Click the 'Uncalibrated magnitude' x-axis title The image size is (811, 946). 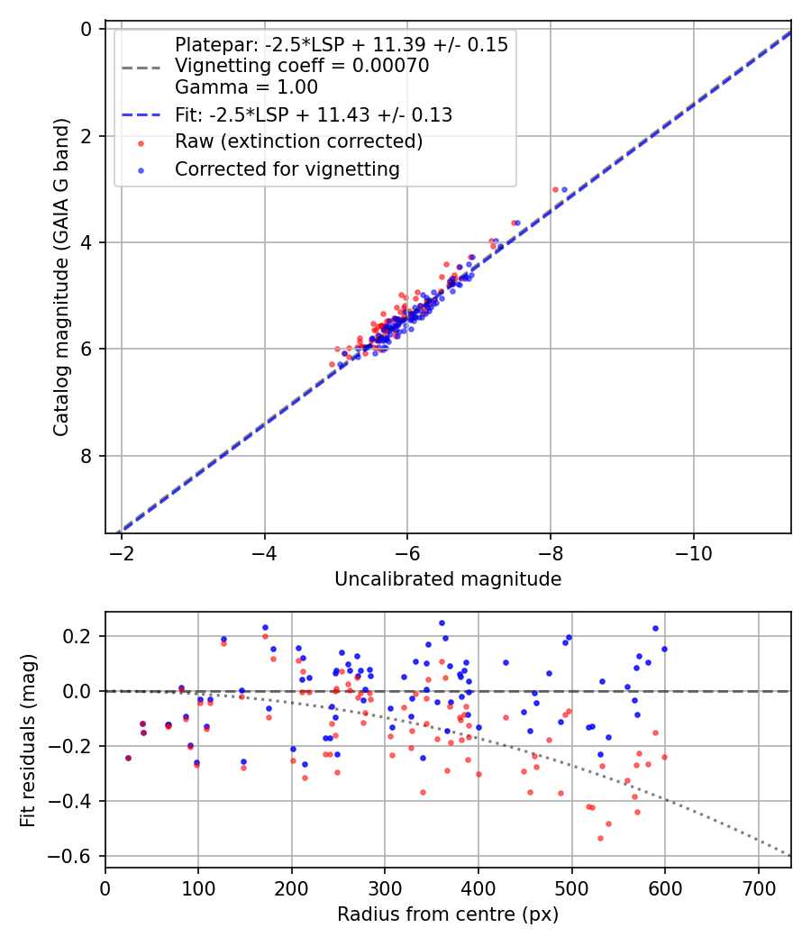point(448,579)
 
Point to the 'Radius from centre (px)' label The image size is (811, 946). point(448,914)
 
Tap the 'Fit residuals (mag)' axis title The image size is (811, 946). point(27,740)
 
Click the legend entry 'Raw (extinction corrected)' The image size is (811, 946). point(298,141)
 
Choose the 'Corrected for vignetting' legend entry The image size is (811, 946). point(287,168)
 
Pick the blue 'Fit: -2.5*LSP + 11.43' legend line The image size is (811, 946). point(141,115)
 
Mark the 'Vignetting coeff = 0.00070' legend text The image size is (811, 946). point(302,66)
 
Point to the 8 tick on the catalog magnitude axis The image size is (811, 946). point(87,456)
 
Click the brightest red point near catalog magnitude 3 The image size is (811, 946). point(555,189)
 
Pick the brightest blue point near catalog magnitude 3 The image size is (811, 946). point(564,189)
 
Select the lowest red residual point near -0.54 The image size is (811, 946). point(600,838)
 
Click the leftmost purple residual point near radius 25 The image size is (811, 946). point(128,758)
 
